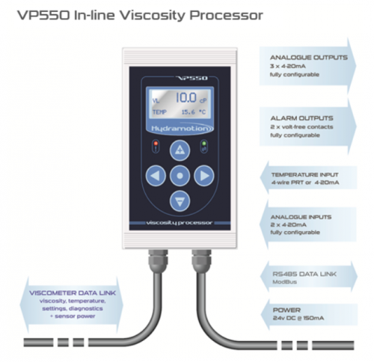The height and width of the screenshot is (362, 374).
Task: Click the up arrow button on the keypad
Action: point(180,150)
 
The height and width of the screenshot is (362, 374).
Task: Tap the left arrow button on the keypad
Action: point(156,176)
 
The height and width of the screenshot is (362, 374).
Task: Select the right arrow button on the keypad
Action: point(204,176)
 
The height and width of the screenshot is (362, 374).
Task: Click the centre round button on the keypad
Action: point(180,176)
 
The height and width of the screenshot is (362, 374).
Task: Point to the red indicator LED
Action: point(156,144)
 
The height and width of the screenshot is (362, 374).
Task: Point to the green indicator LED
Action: point(204,144)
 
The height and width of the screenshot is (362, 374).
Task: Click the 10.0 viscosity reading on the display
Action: point(186,97)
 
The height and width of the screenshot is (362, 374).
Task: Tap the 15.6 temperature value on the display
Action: point(188,112)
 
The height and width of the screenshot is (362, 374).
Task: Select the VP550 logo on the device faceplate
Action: point(191,79)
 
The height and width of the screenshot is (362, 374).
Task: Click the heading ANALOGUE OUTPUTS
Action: point(309,58)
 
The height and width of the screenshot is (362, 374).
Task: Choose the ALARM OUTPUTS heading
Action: point(301,118)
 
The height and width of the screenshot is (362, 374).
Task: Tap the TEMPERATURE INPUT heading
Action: point(304,175)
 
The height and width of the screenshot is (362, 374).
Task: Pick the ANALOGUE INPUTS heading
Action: point(301,217)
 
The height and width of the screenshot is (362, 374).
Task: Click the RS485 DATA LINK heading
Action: point(304,274)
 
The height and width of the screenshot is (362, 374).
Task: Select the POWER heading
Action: point(286,310)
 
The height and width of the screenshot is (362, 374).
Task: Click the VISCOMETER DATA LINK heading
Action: point(73,293)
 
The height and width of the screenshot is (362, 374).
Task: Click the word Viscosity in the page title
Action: point(153,16)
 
